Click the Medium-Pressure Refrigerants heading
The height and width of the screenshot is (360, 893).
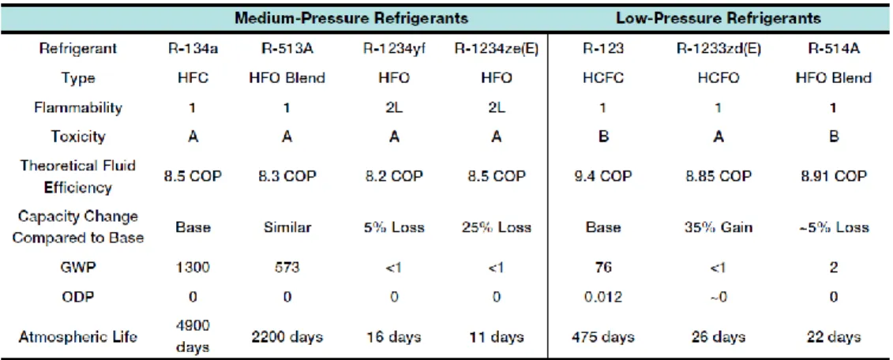point(351,18)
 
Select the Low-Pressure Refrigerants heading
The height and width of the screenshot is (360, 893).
point(719,18)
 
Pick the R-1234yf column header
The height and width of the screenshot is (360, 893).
point(393,48)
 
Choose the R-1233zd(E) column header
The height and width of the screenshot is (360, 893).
point(719,48)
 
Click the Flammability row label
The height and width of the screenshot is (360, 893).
point(79,107)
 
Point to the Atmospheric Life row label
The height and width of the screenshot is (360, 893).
point(79,336)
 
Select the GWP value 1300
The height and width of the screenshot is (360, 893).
point(193,267)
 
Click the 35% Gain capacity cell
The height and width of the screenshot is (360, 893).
point(719,228)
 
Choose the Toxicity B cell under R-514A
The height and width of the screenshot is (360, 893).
point(833,137)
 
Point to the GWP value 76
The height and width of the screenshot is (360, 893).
point(604,267)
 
